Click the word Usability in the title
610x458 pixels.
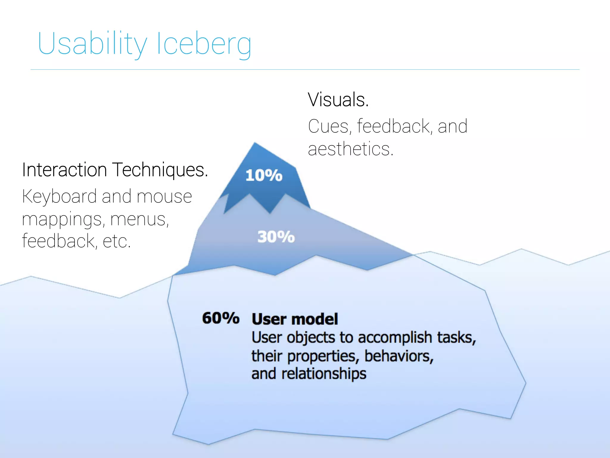point(92,44)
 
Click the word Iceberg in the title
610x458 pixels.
point(204,44)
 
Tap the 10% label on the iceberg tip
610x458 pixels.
point(264,175)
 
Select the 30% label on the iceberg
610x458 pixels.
point(276,237)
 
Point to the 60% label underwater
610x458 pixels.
point(221,318)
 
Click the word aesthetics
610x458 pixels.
point(350,149)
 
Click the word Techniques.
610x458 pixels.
point(161,170)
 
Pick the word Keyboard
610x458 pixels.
point(59,197)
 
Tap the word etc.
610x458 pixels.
point(116,241)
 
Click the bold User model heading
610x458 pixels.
point(295,319)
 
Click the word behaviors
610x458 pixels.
point(399,356)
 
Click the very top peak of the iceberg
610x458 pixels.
point(255,144)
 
